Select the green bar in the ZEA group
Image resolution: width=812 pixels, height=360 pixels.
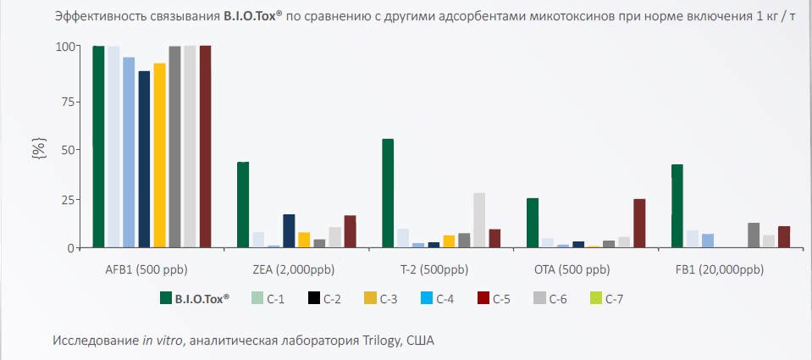(242, 204)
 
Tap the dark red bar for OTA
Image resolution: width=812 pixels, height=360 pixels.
(639, 223)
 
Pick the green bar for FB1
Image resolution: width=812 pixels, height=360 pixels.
(677, 206)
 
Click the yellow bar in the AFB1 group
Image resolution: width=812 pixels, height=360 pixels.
(159, 155)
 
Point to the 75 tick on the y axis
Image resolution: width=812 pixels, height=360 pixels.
(66, 99)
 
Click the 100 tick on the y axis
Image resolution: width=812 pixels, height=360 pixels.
(64, 47)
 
